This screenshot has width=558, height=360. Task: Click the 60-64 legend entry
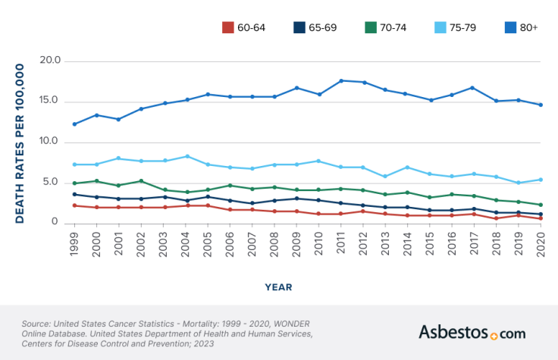tap(243, 27)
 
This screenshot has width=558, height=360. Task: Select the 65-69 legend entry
tap(315, 27)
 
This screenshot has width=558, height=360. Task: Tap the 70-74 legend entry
tap(386, 27)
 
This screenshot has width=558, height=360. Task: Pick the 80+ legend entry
tap(522, 27)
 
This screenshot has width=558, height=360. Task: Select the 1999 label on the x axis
tap(74, 244)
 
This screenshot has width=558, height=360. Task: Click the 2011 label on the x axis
tap(341, 244)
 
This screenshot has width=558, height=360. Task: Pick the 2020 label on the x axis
tap(541, 244)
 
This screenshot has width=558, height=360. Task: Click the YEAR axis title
tap(279, 287)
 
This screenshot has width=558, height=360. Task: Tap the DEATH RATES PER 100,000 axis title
tap(20, 143)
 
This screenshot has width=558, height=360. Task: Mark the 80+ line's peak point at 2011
tap(341, 80)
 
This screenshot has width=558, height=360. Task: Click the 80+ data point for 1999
tap(74, 124)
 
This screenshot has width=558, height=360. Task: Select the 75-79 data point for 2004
tap(186, 156)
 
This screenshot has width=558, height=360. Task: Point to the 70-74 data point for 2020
tap(541, 205)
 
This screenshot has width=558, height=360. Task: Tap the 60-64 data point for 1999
tap(74, 205)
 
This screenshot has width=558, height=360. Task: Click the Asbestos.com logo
tap(472, 332)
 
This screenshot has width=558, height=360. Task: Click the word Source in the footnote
tap(38, 324)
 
